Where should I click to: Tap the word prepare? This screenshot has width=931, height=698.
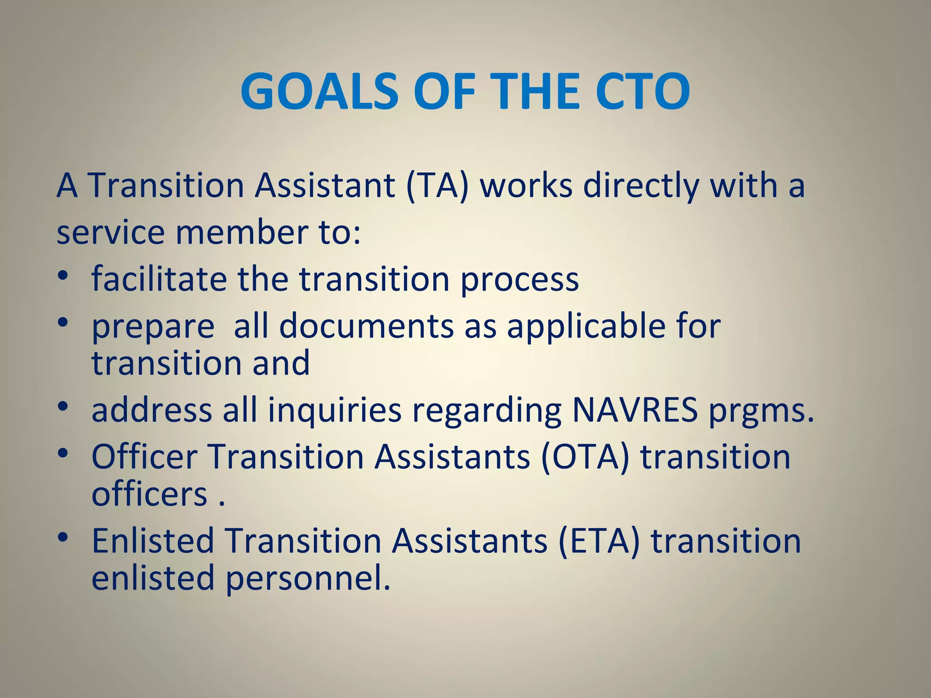pyautogui.click(x=153, y=326)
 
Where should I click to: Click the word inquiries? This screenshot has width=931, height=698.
pyautogui.click(x=335, y=410)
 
